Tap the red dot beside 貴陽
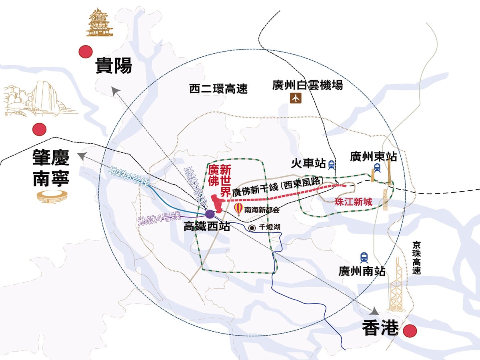pyautogui.click(x=85, y=52)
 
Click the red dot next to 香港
pyautogui.click(x=410, y=331)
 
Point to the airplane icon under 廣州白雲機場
pyautogui.click(x=296, y=98)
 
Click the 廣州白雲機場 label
pyautogui.click(x=307, y=85)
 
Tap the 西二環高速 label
pyautogui.click(x=218, y=89)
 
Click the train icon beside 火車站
pyautogui.click(x=331, y=164)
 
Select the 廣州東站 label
pyautogui.click(x=373, y=156)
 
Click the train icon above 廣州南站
pyautogui.click(x=364, y=257)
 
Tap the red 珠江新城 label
pyautogui.click(x=353, y=202)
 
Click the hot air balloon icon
pyautogui.click(x=238, y=209)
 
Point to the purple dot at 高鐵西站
pyautogui.click(x=210, y=214)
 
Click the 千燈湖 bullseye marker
pyautogui.click(x=252, y=228)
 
